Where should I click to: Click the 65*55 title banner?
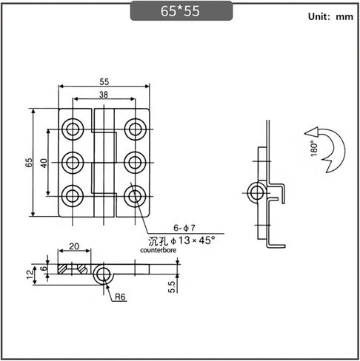click(x=181, y=11)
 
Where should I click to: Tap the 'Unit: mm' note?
click(x=330, y=16)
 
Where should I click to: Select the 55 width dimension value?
click(x=104, y=81)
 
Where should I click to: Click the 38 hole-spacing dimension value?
click(x=104, y=95)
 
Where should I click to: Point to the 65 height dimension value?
click(x=29, y=163)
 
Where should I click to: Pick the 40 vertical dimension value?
click(x=44, y=163)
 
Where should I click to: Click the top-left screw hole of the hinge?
click(x=73, y=129)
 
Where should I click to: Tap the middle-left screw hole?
click(x=73, y=163)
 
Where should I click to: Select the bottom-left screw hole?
click(x=73, y=196)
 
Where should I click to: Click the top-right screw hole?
click(x=135, y=129)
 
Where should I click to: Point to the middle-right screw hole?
click(x=135, y=163)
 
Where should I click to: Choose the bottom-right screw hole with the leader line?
click(x=135, y=196)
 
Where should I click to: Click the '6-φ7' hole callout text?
click(x=184, y=228)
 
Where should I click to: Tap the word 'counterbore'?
click(x=159, y=250)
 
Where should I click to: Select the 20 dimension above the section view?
click(x=74, y=246)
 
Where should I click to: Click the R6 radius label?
click(x=120, y=297)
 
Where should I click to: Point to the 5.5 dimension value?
click(x=172, y=287)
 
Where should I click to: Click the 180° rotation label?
click(x=313, y=149)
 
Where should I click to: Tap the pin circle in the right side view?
click(x=257, y=192)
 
